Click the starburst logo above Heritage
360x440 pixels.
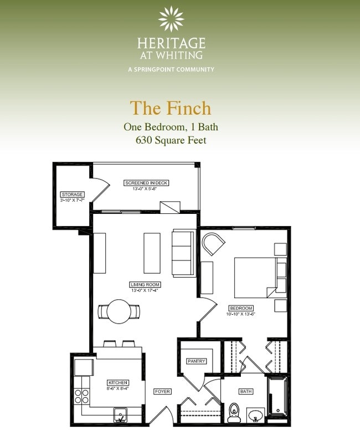[x=171, y=19]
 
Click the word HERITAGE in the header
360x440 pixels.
[x=171, y=43]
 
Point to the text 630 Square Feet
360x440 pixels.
[x=171, y=140]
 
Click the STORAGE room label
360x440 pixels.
[x=72, y=195]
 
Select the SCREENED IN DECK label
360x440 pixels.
[x=146, y=182]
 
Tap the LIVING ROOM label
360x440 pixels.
[x=146, y=284]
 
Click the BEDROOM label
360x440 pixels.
[x=241, y=308]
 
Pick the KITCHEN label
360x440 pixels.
[x=118, y=382]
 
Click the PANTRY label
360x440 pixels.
[x=196, y=361]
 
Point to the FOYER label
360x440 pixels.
[x=162, y=392]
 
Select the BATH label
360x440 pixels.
[x=246, y=391]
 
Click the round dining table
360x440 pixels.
[x=119, y=311]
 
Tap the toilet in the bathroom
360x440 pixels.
[x=234, y=413]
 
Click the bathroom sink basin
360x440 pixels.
[x=255, y=415]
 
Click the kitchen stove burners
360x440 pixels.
[x=82, y=396]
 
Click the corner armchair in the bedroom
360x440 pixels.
[x=212, y=244]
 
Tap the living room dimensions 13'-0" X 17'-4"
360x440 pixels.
[x=146, y=290]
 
